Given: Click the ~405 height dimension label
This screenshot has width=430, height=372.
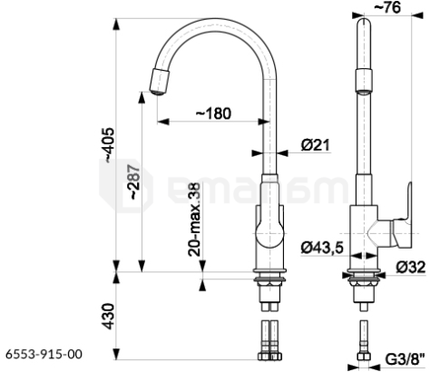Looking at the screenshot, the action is coord(109,145).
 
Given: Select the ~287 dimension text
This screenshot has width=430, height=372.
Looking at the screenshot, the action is coord(134,181).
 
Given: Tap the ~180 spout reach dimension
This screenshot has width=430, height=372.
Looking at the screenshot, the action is coord(214,113).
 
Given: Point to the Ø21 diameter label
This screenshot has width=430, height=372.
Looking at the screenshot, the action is coord(315,145).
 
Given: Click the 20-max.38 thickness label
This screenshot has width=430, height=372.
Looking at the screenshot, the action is coord(194,220).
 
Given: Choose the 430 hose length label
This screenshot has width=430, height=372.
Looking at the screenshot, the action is coord(108,317).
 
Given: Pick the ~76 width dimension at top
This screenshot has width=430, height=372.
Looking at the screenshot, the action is coord(387,7).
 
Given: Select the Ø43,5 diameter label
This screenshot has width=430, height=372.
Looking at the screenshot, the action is coord(322,248).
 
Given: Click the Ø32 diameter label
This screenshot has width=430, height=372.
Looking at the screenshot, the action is coord(411,267).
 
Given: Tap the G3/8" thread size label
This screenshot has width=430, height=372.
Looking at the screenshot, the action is coord(405,359).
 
